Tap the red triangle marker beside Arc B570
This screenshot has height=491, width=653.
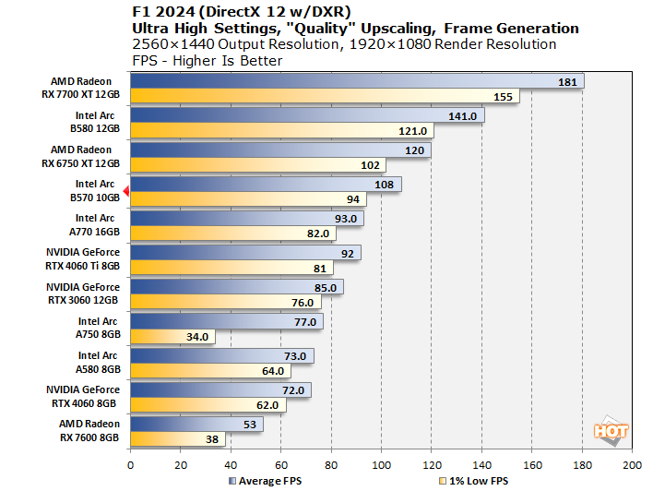127,186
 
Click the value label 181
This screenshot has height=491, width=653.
567,82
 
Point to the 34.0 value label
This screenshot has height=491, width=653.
197,337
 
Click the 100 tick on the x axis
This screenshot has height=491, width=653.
381,464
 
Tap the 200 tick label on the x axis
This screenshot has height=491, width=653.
632,464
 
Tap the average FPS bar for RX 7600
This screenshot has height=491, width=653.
196,425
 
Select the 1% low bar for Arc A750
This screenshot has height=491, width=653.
172,337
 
